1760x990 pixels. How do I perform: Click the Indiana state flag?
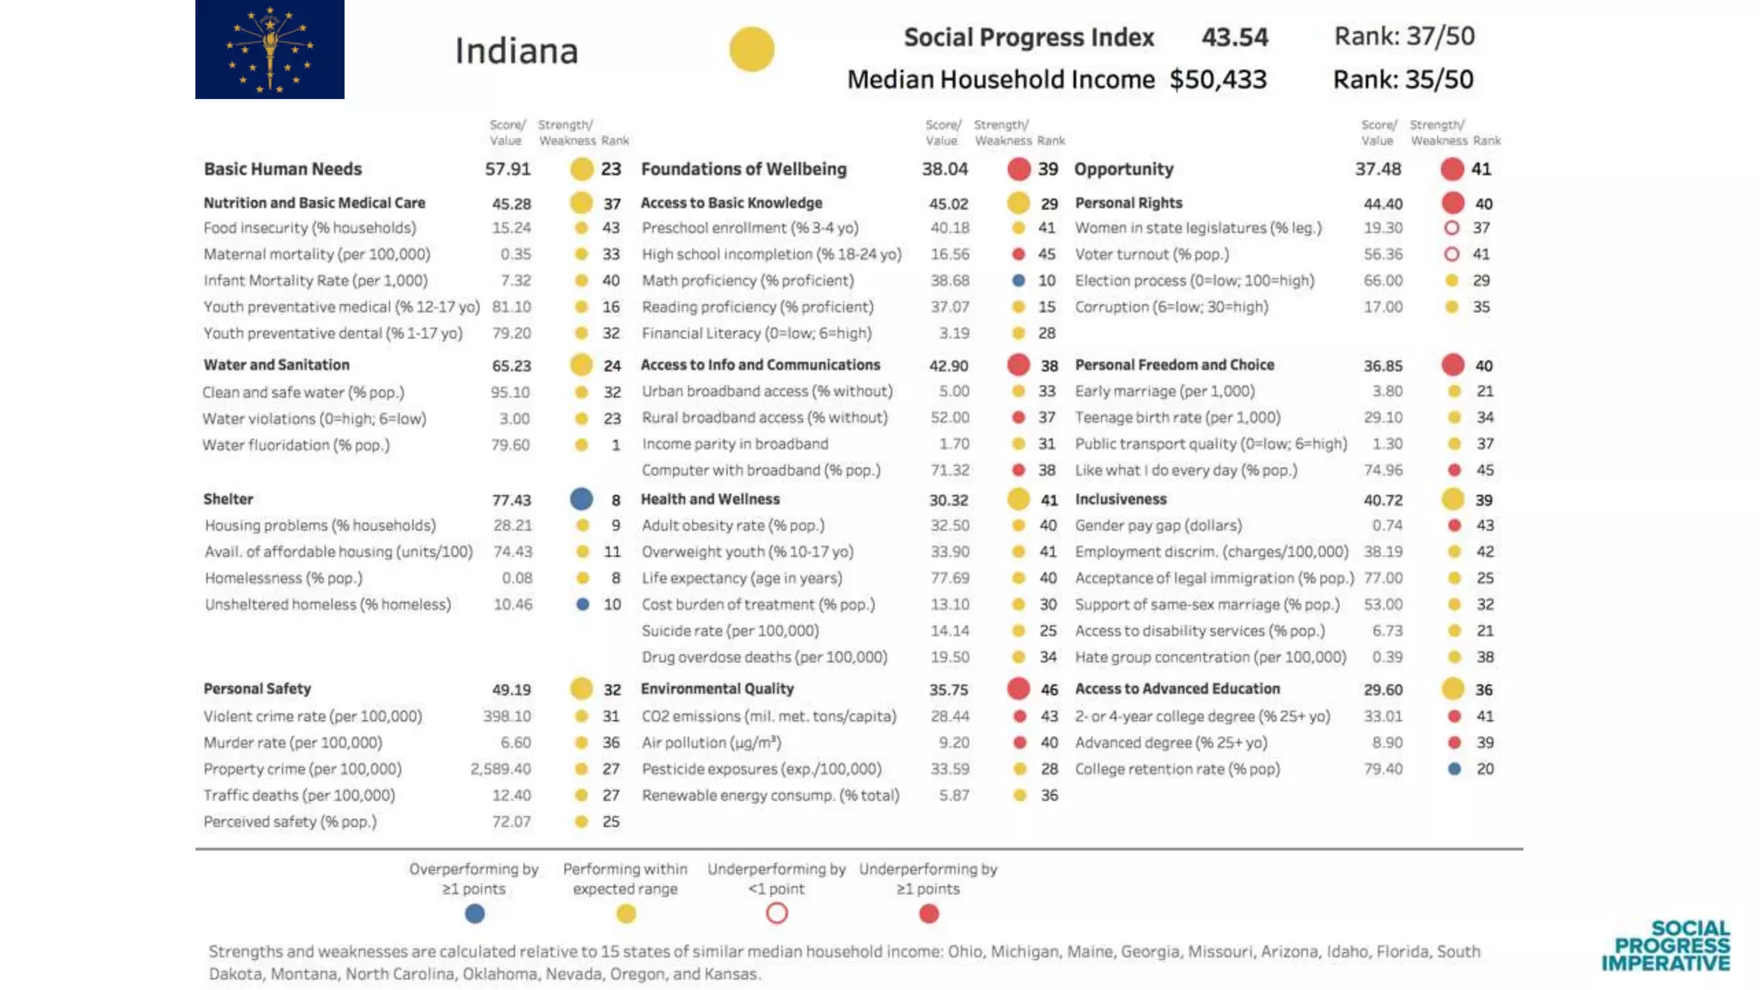point(269,49)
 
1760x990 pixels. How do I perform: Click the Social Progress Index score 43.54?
point(1234,37)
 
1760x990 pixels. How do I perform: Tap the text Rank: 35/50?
point(1402,79)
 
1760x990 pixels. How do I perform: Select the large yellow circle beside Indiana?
point(751,49)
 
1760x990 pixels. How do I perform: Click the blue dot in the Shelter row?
point(581,498)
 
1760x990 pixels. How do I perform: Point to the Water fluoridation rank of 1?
point(615,445)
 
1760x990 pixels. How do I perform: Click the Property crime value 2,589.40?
point(500,769)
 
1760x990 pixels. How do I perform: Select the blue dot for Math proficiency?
point(1018,280)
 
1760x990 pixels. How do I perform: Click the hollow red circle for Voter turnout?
point(1451,254)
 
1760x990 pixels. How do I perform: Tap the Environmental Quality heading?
point(717,688)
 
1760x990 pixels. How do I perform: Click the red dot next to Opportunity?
point(1451,169)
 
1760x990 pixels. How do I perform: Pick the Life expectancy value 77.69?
point(950,578)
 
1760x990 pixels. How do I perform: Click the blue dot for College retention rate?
point(1454,769)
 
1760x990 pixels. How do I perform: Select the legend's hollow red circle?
point(776,914)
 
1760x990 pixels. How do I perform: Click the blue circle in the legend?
point(474,914)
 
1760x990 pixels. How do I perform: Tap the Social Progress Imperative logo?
point(1665,946)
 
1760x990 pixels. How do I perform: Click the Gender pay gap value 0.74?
point(1387,525)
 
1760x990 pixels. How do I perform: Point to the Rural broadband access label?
point(764,418)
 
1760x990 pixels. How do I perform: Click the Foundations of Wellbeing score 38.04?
point(944,169)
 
